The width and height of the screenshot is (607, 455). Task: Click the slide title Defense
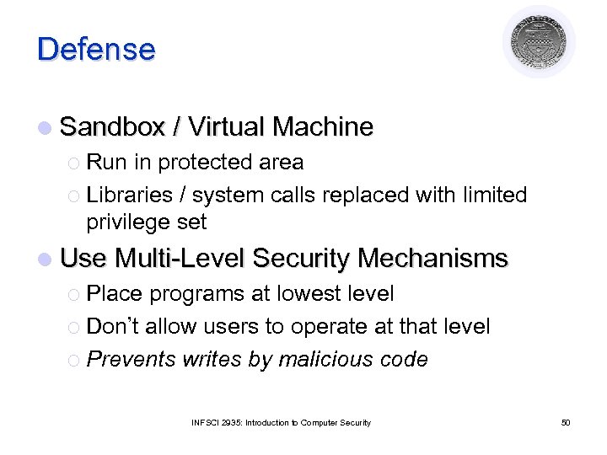pos(96,49)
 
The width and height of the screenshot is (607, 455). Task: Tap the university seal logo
pos(538,42)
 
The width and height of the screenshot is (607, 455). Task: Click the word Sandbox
pos(112,127)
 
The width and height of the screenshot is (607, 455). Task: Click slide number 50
pos(566,422)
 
